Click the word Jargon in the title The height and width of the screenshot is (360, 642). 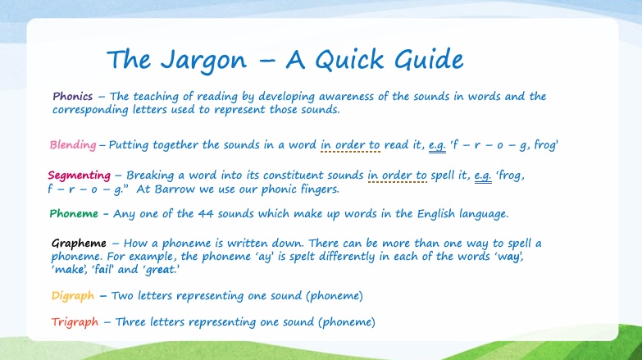pos(203,61)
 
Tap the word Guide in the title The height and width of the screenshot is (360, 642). pos(429,59)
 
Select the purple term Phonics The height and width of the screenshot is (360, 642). pos(72,97)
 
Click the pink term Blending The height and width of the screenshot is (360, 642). pos(73,145)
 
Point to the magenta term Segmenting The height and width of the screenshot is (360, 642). pos(79,175)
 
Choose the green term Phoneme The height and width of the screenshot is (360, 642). pos(74,214)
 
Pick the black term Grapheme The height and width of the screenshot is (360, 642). pos(79,244)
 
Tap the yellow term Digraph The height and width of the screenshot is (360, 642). pos(73,296)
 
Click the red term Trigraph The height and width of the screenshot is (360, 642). pos(75,322)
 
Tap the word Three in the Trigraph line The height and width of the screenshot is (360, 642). pos(130,322)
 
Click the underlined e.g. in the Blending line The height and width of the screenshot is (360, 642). pos(437,146)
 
